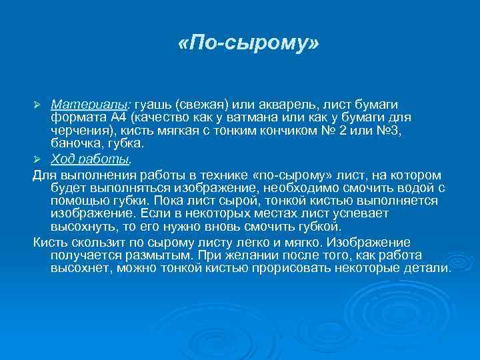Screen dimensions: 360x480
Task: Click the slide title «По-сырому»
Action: tap(249, 45)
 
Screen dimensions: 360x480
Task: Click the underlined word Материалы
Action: tap(91, 105)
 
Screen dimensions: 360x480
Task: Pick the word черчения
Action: tap(80, 130)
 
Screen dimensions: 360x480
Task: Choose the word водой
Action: tap(384, 189)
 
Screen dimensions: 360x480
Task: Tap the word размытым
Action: tap(164, 255)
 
